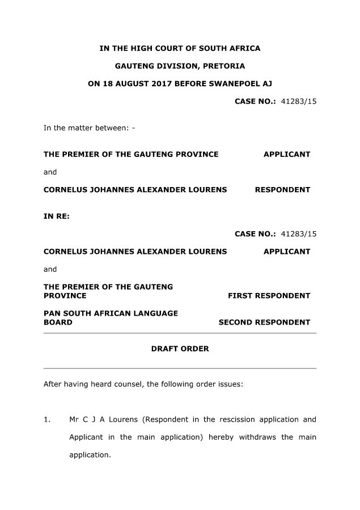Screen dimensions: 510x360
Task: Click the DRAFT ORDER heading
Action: click(x=180, y=349)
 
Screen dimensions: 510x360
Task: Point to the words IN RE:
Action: click(x=57, y=216)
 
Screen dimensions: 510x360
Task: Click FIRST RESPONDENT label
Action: click(x=269, y=296)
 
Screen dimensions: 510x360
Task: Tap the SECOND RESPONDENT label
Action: click(x=264, y=322)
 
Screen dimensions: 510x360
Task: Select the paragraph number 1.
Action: click(x=47, y=420)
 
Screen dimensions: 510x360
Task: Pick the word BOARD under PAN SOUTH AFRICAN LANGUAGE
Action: click(x=58, y=322)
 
